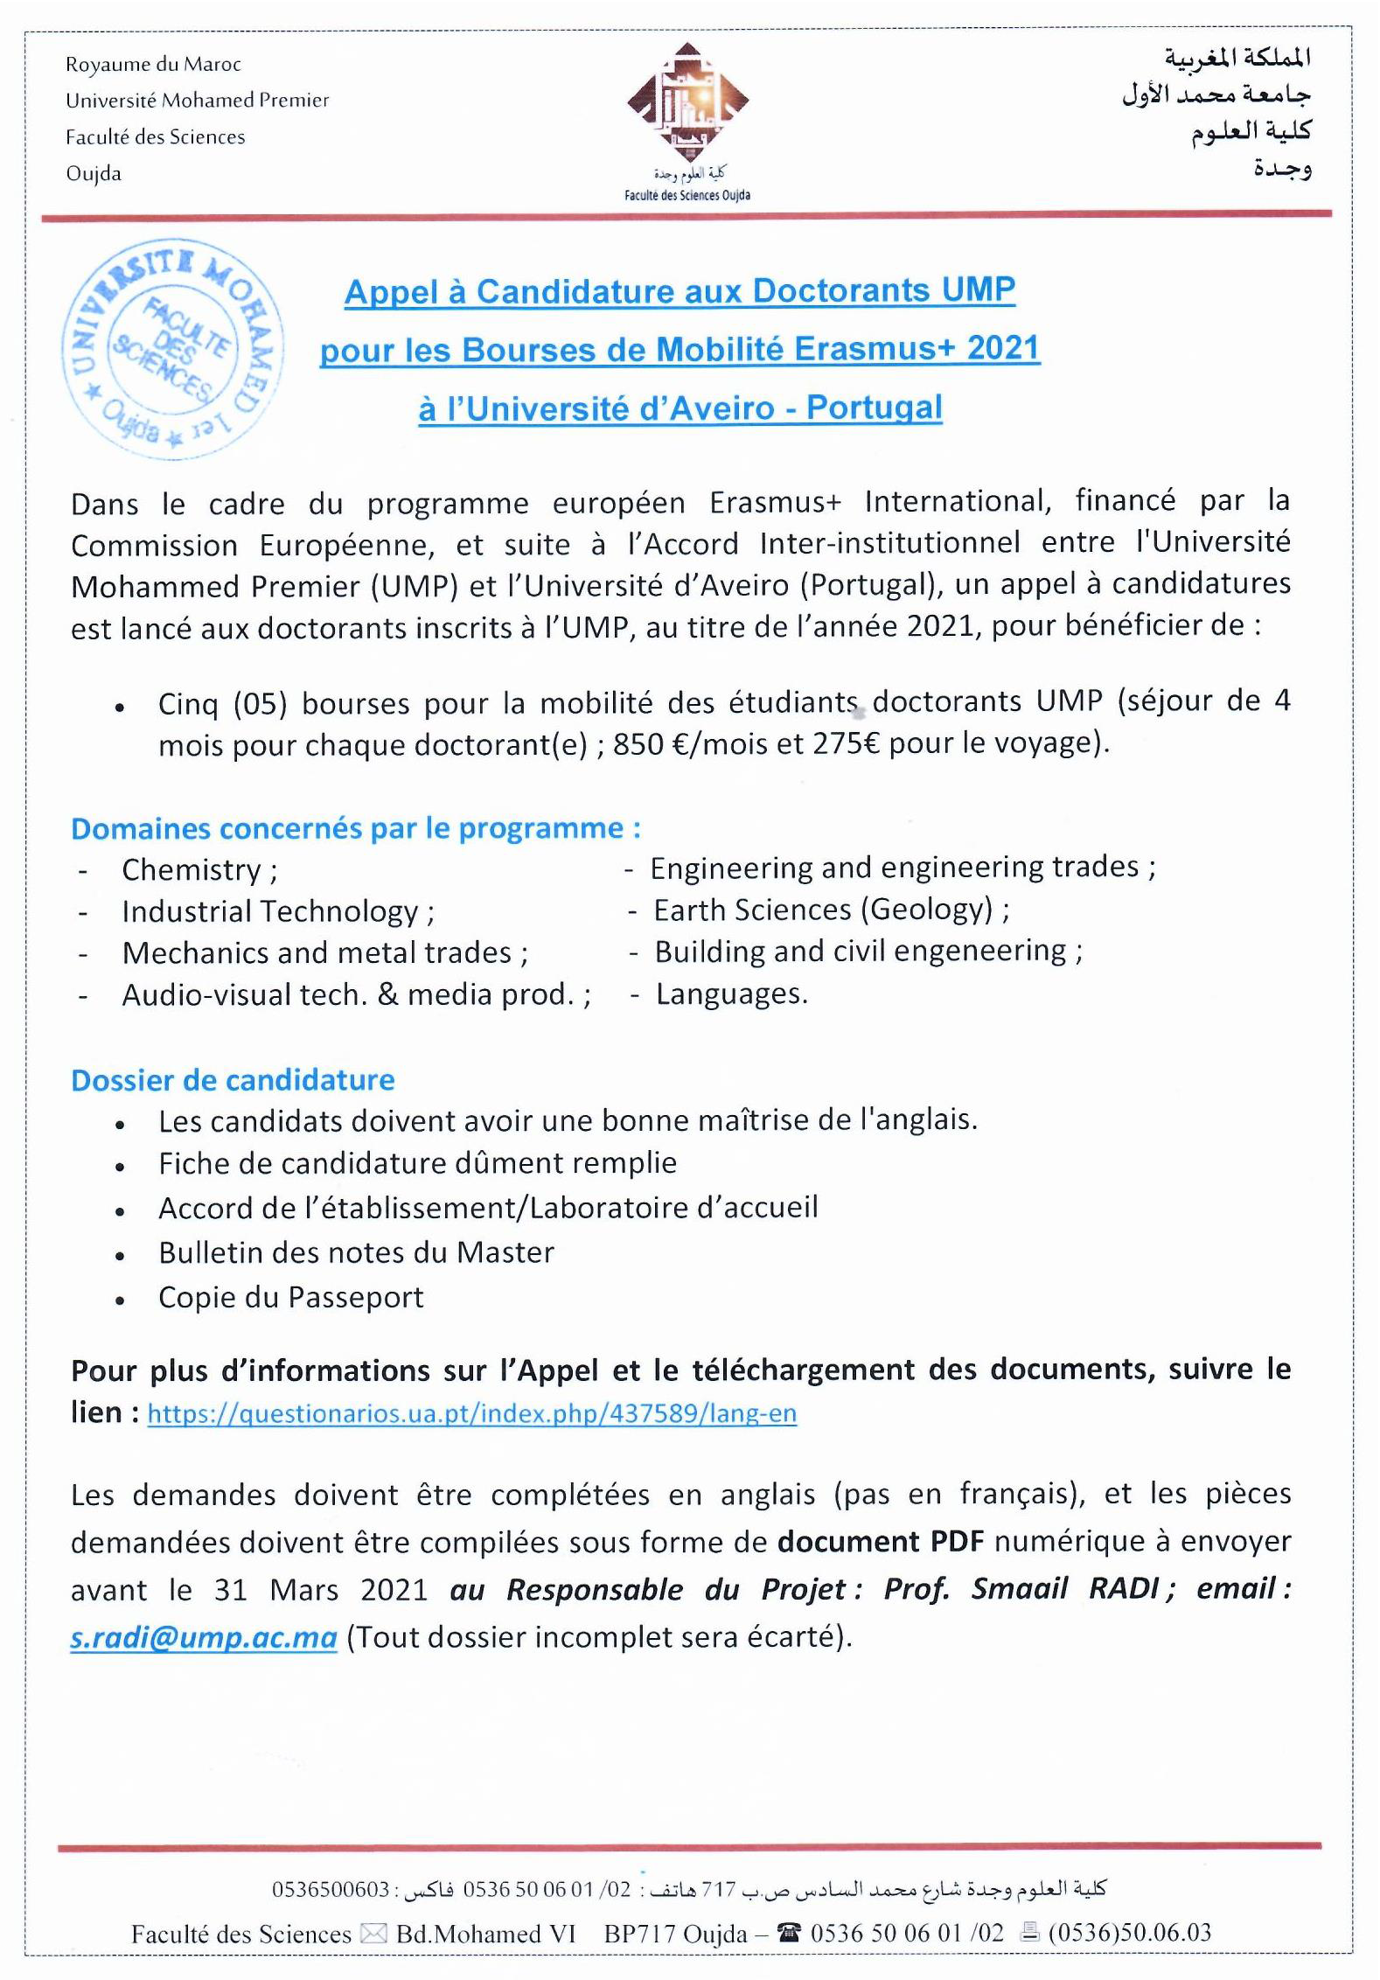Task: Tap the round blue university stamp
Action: pos(172,352)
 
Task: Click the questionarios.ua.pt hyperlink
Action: pos(472,1414)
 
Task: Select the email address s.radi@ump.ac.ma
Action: pos(204,1637)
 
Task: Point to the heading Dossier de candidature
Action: pos(233,1081)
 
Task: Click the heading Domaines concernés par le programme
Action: pos(355,828)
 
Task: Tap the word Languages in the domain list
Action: pos(731,994)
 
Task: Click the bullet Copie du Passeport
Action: pos(290,1298)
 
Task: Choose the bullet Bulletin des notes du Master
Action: pos(356,1253)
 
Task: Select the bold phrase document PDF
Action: pos(881,1542)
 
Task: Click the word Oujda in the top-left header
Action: pos(94,174)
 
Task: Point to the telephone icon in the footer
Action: pos(789,1932)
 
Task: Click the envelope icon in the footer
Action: pos(373,1934)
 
